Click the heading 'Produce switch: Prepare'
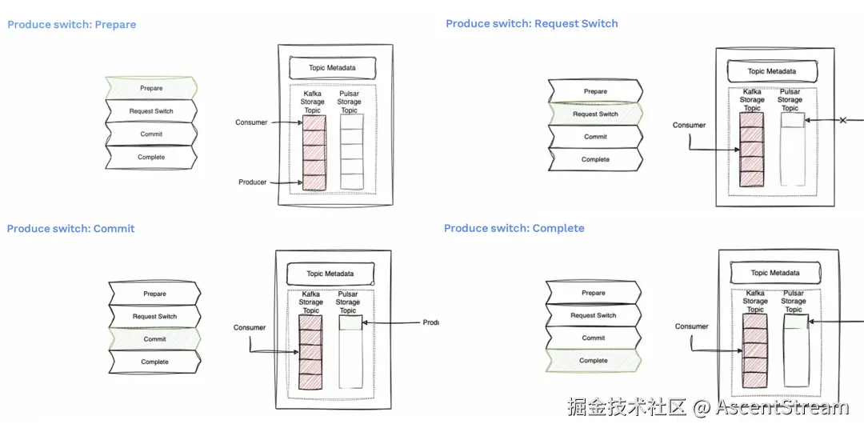click(72, 25)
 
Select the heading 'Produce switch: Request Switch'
click(532, 24)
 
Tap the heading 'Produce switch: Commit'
click(71, 229)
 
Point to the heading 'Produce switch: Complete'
click(514, 229)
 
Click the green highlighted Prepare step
click(151, 88)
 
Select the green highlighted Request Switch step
click(595, 114)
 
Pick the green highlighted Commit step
click(154, 339)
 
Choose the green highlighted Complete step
click(593, 361)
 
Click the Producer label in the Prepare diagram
click(252, 182)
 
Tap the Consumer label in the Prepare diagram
click(251, 122)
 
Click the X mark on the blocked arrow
click(842, 121)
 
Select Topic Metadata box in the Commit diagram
click(330, 274)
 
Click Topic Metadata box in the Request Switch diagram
click(771, 71)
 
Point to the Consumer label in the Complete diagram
click(691, 326)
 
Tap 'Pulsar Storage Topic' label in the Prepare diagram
click(350, 102)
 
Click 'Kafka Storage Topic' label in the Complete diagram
click(755, 301)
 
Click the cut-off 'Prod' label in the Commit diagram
click(430, 323)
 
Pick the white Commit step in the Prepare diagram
click(151, 134)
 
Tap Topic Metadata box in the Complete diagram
click(774, 274)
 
